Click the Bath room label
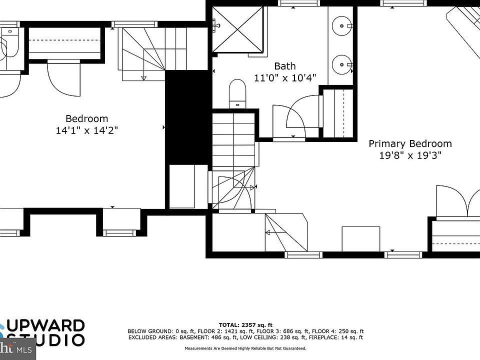pos(284,66)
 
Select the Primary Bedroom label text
pos(410,144)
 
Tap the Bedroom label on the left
pos(86,118)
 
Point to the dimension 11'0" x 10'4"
pos(284,78)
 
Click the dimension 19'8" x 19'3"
pos(410,155)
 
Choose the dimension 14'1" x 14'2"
pos(87,130)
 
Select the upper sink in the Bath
pos(343,24)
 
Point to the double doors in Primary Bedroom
pos(457,201)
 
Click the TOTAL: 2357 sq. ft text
pos(245,325)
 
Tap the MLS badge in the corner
pos(17,349)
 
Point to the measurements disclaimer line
pos(245,348)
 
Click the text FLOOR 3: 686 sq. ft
pos(283,331)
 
